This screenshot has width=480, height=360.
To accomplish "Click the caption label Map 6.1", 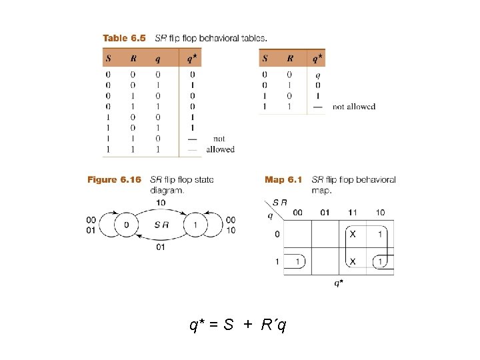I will click(283, 179).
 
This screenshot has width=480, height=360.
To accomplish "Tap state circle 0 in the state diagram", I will click(127, 225).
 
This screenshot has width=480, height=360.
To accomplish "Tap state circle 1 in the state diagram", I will click(195, 225).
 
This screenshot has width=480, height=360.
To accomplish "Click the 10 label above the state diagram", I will click(161, 202).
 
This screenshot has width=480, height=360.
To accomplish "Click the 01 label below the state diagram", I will click(161, 247).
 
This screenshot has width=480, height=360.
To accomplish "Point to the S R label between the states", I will click(161, 225).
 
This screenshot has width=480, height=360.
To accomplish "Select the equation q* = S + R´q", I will click(239, 325).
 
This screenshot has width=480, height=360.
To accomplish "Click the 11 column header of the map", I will click(353, 212).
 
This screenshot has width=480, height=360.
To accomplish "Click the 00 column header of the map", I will click(297, 212).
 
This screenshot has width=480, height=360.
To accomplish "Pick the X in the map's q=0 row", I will click(353, 234).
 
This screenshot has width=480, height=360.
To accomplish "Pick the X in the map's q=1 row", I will click(353, 261).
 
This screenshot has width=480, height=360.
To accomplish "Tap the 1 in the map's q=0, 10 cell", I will click(380, 234).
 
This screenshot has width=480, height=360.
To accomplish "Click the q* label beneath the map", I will click(339, 283).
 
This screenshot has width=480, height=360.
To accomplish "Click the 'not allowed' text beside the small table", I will click(353, 107).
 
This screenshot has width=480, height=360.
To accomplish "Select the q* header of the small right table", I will click(317, 58).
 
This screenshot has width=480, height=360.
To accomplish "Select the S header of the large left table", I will click(108, 58).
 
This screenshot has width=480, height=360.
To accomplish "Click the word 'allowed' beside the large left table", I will click(220, 149).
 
